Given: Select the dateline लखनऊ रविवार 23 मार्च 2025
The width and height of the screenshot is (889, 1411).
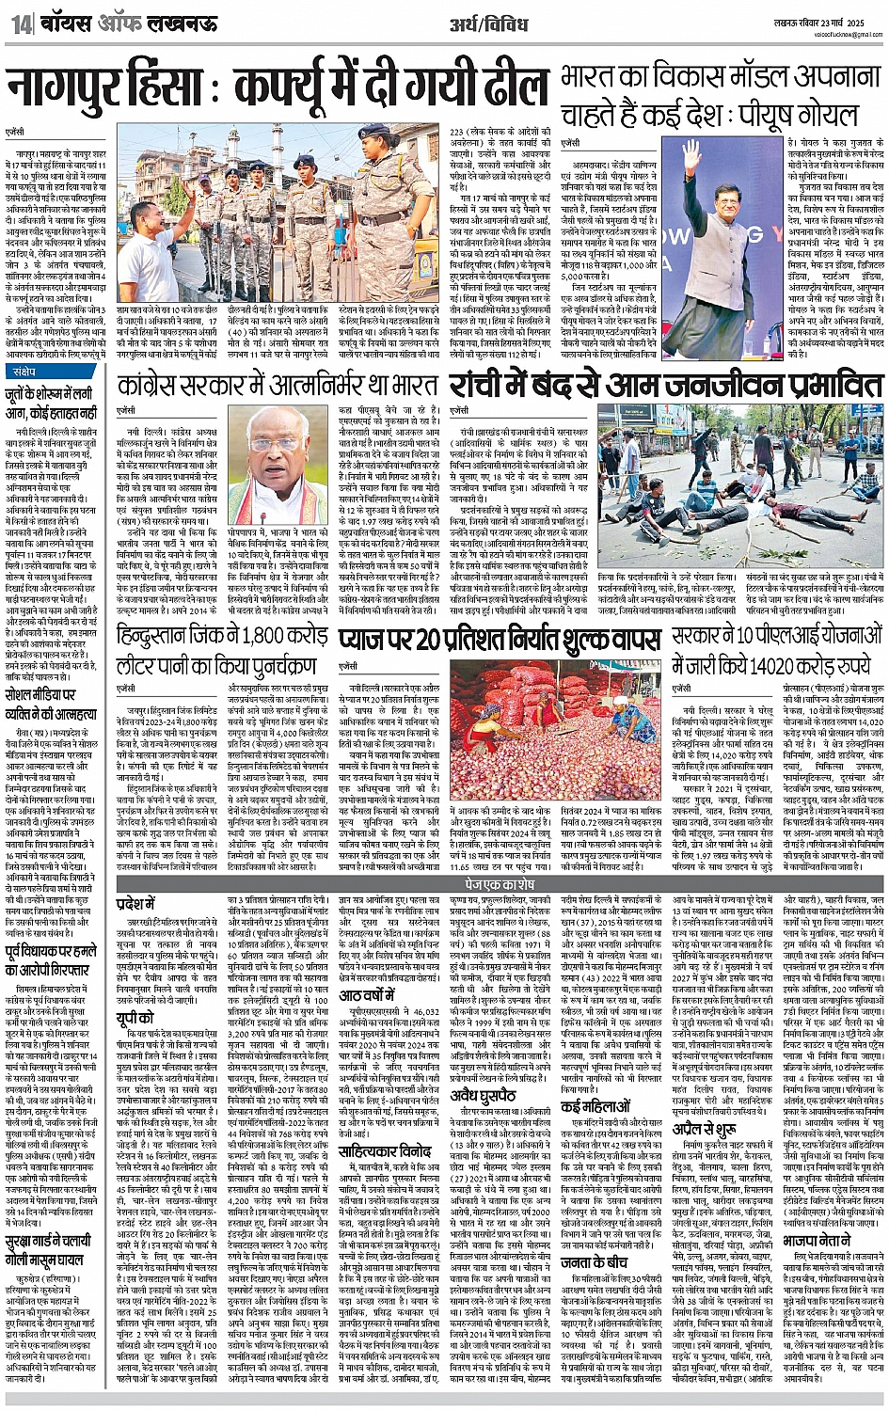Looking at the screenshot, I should [822, 18].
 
